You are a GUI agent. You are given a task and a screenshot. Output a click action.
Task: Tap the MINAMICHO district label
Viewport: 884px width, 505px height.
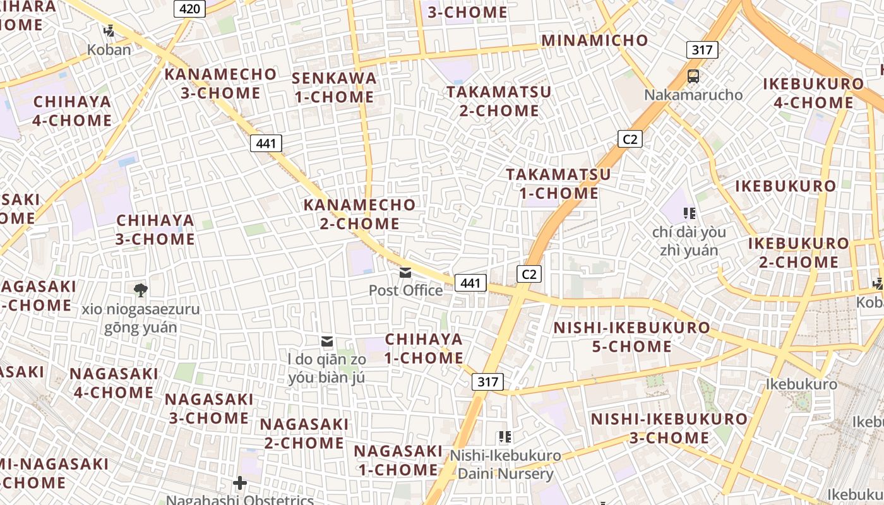tap(595, 40)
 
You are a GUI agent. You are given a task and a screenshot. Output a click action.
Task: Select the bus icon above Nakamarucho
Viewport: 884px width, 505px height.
tap(693, 76)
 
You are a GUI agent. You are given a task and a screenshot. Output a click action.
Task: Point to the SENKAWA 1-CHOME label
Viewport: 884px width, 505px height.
tap(334, 88)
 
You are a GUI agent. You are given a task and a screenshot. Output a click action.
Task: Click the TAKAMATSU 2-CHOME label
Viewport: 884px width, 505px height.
tap(499, 101)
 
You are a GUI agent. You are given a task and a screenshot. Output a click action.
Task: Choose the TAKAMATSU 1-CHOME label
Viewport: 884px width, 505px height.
tap(559, 184)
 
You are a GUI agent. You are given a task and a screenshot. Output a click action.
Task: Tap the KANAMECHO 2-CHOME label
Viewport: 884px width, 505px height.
tap(360, 214)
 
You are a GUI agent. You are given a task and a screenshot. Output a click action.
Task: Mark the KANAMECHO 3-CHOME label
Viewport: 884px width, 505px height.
tap(220, 83)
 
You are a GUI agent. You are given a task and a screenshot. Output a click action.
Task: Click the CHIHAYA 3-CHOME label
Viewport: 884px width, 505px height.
tap(155, 230)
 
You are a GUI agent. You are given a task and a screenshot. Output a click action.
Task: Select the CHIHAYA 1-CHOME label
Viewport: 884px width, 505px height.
tap(424, 348)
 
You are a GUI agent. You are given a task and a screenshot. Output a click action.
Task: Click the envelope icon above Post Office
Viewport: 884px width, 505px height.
tap(405, 273)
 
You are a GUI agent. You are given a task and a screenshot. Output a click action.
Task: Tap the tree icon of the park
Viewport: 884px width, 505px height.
tap(140, 290)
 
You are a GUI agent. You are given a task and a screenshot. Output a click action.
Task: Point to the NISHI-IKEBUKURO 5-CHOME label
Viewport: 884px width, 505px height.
tap(631, 337)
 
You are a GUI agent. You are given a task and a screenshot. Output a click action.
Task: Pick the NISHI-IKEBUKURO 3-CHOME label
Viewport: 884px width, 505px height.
tap(669, 428)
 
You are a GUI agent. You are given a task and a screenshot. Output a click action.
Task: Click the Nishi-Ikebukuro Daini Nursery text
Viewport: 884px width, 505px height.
tap(505, 465)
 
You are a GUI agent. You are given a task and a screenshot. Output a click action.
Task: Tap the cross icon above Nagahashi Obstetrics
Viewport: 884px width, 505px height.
tap(240, 483)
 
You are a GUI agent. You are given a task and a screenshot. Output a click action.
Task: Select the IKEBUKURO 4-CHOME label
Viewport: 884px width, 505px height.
tap(813, 93)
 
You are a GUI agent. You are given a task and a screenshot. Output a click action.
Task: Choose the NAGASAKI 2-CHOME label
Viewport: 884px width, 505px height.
tap(304, 434)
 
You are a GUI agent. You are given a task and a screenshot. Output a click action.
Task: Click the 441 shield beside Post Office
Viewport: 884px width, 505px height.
tap(470, 283)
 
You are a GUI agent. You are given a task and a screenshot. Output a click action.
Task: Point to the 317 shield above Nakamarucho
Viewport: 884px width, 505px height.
tap(702, 50)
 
